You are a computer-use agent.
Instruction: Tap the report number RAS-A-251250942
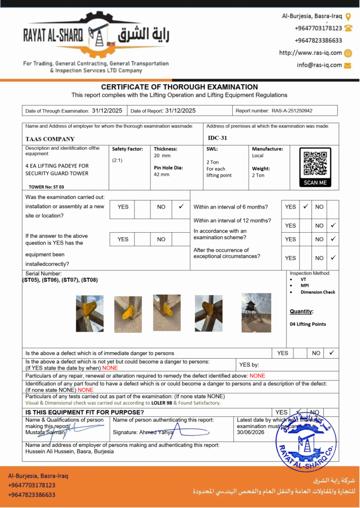pos(291,111)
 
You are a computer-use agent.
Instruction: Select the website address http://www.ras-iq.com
pos(310,53)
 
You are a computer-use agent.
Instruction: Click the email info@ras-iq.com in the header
pos(319,65)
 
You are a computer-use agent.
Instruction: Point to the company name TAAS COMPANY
pos(50,139)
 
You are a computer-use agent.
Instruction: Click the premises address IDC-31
pos(217,138)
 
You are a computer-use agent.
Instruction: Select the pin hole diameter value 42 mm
pos(161,175)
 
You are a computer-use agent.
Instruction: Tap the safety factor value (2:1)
pos(118,160)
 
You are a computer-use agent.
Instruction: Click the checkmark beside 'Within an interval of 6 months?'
pos(306,206)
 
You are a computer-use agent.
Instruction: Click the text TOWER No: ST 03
pos(46,187)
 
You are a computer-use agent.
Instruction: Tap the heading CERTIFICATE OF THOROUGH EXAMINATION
pos(179,87)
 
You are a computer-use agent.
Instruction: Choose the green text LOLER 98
pos(161,403)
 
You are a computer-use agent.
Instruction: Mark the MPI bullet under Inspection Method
pos(305,286)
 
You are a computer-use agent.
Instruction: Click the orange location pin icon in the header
pos(348,16)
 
